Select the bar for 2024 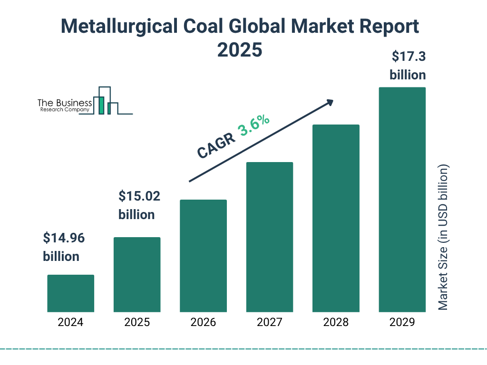70,293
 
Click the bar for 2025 137,274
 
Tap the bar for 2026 203,256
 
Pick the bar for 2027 269,237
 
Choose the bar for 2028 336,218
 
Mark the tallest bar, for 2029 402,200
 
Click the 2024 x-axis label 70,322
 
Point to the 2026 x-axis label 203,322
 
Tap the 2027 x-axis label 269,322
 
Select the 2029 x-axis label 402,322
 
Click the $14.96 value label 64,238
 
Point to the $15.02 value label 139,196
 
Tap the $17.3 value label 408,57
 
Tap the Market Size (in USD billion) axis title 443,238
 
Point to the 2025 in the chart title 240,49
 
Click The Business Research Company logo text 65,106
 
